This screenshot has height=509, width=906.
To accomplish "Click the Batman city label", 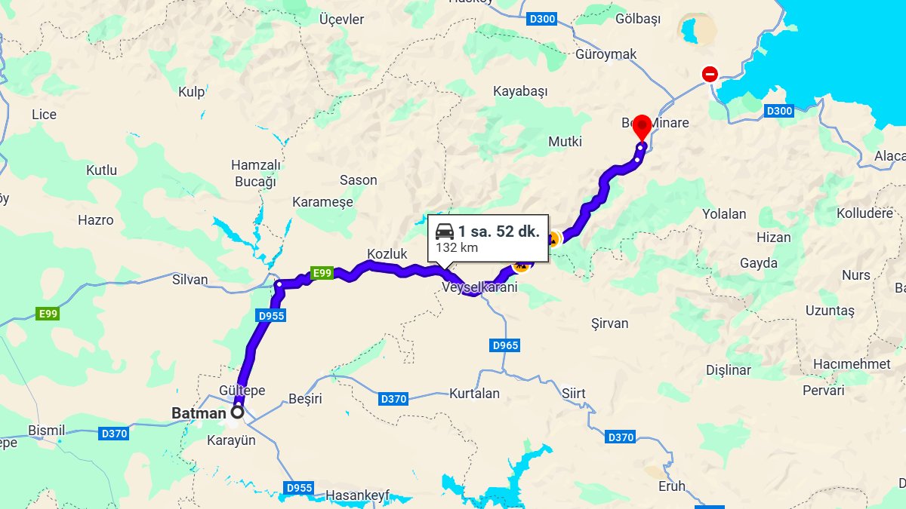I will [198, 413].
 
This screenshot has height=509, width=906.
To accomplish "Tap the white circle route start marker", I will [238, 412].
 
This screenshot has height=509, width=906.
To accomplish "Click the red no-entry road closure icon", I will [710, 74].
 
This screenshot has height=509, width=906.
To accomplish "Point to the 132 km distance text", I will [457, 247].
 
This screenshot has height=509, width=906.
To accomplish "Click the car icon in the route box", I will [445, 232].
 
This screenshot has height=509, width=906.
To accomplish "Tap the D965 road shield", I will [505, 345].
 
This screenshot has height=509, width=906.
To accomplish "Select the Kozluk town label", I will [387, 253].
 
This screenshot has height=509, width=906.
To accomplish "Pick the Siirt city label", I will [574, 394].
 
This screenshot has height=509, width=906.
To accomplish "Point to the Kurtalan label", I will [474, 394].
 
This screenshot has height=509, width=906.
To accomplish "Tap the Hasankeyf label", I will [357, 495].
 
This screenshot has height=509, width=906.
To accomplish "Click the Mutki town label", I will [565, 141].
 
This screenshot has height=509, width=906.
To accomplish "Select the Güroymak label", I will [606, 54].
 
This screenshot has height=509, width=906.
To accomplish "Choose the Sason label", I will [359, 180].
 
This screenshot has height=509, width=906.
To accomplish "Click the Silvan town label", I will [190, 280].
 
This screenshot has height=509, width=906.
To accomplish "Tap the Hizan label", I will [774, 238].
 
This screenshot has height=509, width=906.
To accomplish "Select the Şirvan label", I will [609, 323].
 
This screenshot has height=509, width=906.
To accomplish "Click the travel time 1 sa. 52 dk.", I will [498, 232].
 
